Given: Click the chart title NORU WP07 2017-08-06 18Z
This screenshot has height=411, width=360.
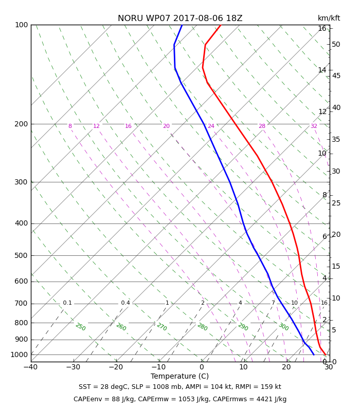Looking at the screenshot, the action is (180, 18).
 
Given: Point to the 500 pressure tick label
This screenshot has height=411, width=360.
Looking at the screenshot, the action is (21, 255).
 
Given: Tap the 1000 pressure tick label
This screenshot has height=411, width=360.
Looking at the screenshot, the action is (19, 354).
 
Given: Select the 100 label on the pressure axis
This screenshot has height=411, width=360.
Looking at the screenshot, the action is (21, 25).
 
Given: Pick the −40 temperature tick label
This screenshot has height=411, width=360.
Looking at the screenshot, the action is (31, 367).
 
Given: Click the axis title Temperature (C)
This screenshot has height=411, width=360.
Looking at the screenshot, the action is (179, 377).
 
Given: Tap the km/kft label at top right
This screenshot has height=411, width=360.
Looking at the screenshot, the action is (329, 18).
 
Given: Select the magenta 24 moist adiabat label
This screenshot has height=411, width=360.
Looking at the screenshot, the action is (211, 126).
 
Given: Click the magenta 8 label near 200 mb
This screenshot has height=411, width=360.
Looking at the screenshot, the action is (70, 126).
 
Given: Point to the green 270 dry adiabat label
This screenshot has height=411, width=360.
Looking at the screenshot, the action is (162, 327).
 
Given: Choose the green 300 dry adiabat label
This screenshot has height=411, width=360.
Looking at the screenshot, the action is (284, 327).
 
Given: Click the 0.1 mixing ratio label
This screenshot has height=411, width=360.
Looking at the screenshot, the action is (67, 303).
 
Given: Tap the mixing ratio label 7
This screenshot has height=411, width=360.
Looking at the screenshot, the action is (273, 303).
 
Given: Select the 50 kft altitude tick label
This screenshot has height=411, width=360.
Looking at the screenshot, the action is (336, 45).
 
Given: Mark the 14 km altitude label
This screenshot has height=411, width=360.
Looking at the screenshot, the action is (322, 70).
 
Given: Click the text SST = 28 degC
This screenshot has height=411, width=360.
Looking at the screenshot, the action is (103, 387).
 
